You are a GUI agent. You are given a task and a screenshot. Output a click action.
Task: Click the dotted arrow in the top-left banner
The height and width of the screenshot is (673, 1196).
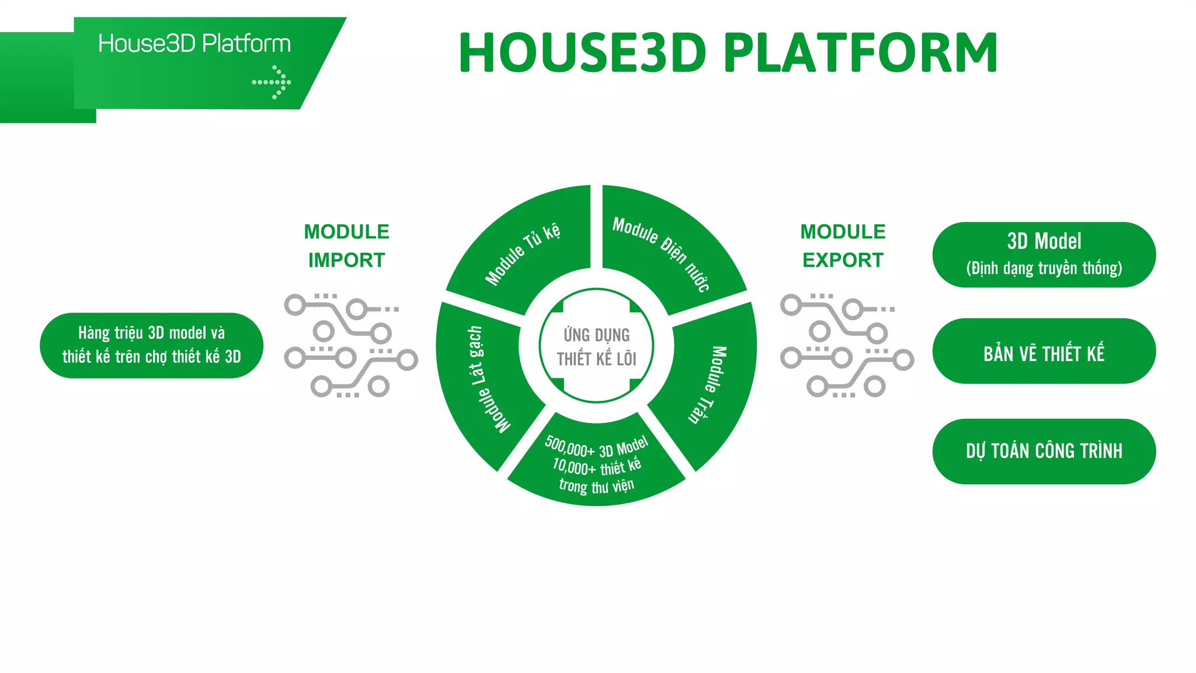pos(272,82)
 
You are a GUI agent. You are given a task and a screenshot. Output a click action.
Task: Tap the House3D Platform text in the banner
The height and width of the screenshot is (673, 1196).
pos(194,44)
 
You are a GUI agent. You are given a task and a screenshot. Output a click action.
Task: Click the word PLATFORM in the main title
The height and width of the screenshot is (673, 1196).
pos(860,53)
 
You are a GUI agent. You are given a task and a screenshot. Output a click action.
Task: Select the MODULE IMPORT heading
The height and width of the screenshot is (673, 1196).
pos(346,246)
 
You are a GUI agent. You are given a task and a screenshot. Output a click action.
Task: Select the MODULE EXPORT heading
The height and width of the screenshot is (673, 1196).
pos(843,246)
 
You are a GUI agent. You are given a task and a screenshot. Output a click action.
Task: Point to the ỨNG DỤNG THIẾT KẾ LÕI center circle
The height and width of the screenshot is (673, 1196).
pos(596,346)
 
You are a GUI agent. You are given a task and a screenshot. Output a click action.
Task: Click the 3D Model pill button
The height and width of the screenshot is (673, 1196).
pos(1044,254)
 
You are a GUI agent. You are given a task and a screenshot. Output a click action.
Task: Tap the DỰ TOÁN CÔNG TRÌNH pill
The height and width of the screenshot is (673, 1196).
pos(1044,451)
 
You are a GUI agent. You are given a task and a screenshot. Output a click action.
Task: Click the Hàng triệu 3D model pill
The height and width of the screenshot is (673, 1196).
pos(151,345)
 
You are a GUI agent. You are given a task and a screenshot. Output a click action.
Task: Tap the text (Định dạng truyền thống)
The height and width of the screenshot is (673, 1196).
pos(1044,269)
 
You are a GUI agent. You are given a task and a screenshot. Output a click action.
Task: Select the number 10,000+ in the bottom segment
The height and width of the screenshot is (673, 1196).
pos(574,466)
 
